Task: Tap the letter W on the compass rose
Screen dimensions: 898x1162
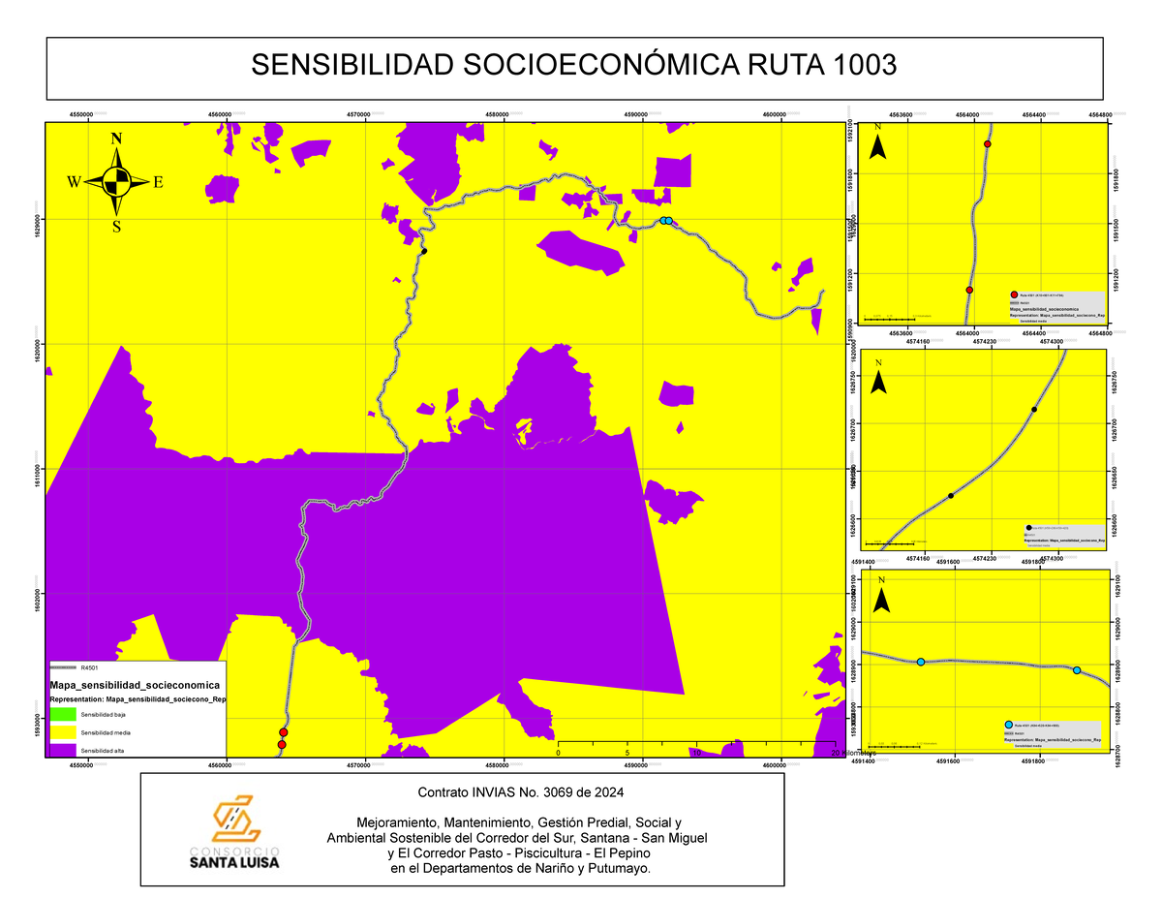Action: click(x=74, y=182)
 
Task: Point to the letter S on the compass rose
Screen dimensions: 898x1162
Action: click(x=116, y=227)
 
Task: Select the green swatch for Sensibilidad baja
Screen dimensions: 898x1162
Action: click(x=62, y=714)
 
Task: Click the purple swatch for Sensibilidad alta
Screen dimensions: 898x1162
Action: click(x=62, y=750)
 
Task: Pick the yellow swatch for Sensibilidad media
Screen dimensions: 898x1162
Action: click(x=62, y=731)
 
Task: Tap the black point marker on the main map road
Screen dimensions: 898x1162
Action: click(x=424, y=251)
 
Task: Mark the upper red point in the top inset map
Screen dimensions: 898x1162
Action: click(x=988, y=144)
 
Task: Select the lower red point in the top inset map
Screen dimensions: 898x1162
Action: click(x=969, y=290)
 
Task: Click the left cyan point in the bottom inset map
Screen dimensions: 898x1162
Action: click(x=921, y=662)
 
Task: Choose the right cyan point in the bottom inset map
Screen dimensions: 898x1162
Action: click(x=1077, y=670)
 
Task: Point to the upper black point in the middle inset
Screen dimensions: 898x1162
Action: click(x=1034, y=410)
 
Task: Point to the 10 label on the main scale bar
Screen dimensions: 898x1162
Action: click(x=695, y=752)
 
